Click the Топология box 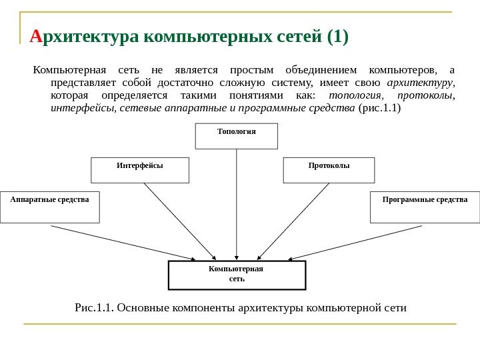pyautogui.click(x=236, y=135)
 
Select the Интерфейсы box pyautogui.click(x=140, y=170)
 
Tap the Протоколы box pyautogui.click(x=329, y=170)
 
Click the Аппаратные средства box pyautogui.click(x=49, y=207)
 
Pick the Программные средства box pyautogui.click(x=425, y=207)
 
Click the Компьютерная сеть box pyautogui.click(x=237, y=275)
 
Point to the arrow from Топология pyautogui.click(x=237, y=200)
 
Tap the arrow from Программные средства pyautogui.click(x=357, y=241)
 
